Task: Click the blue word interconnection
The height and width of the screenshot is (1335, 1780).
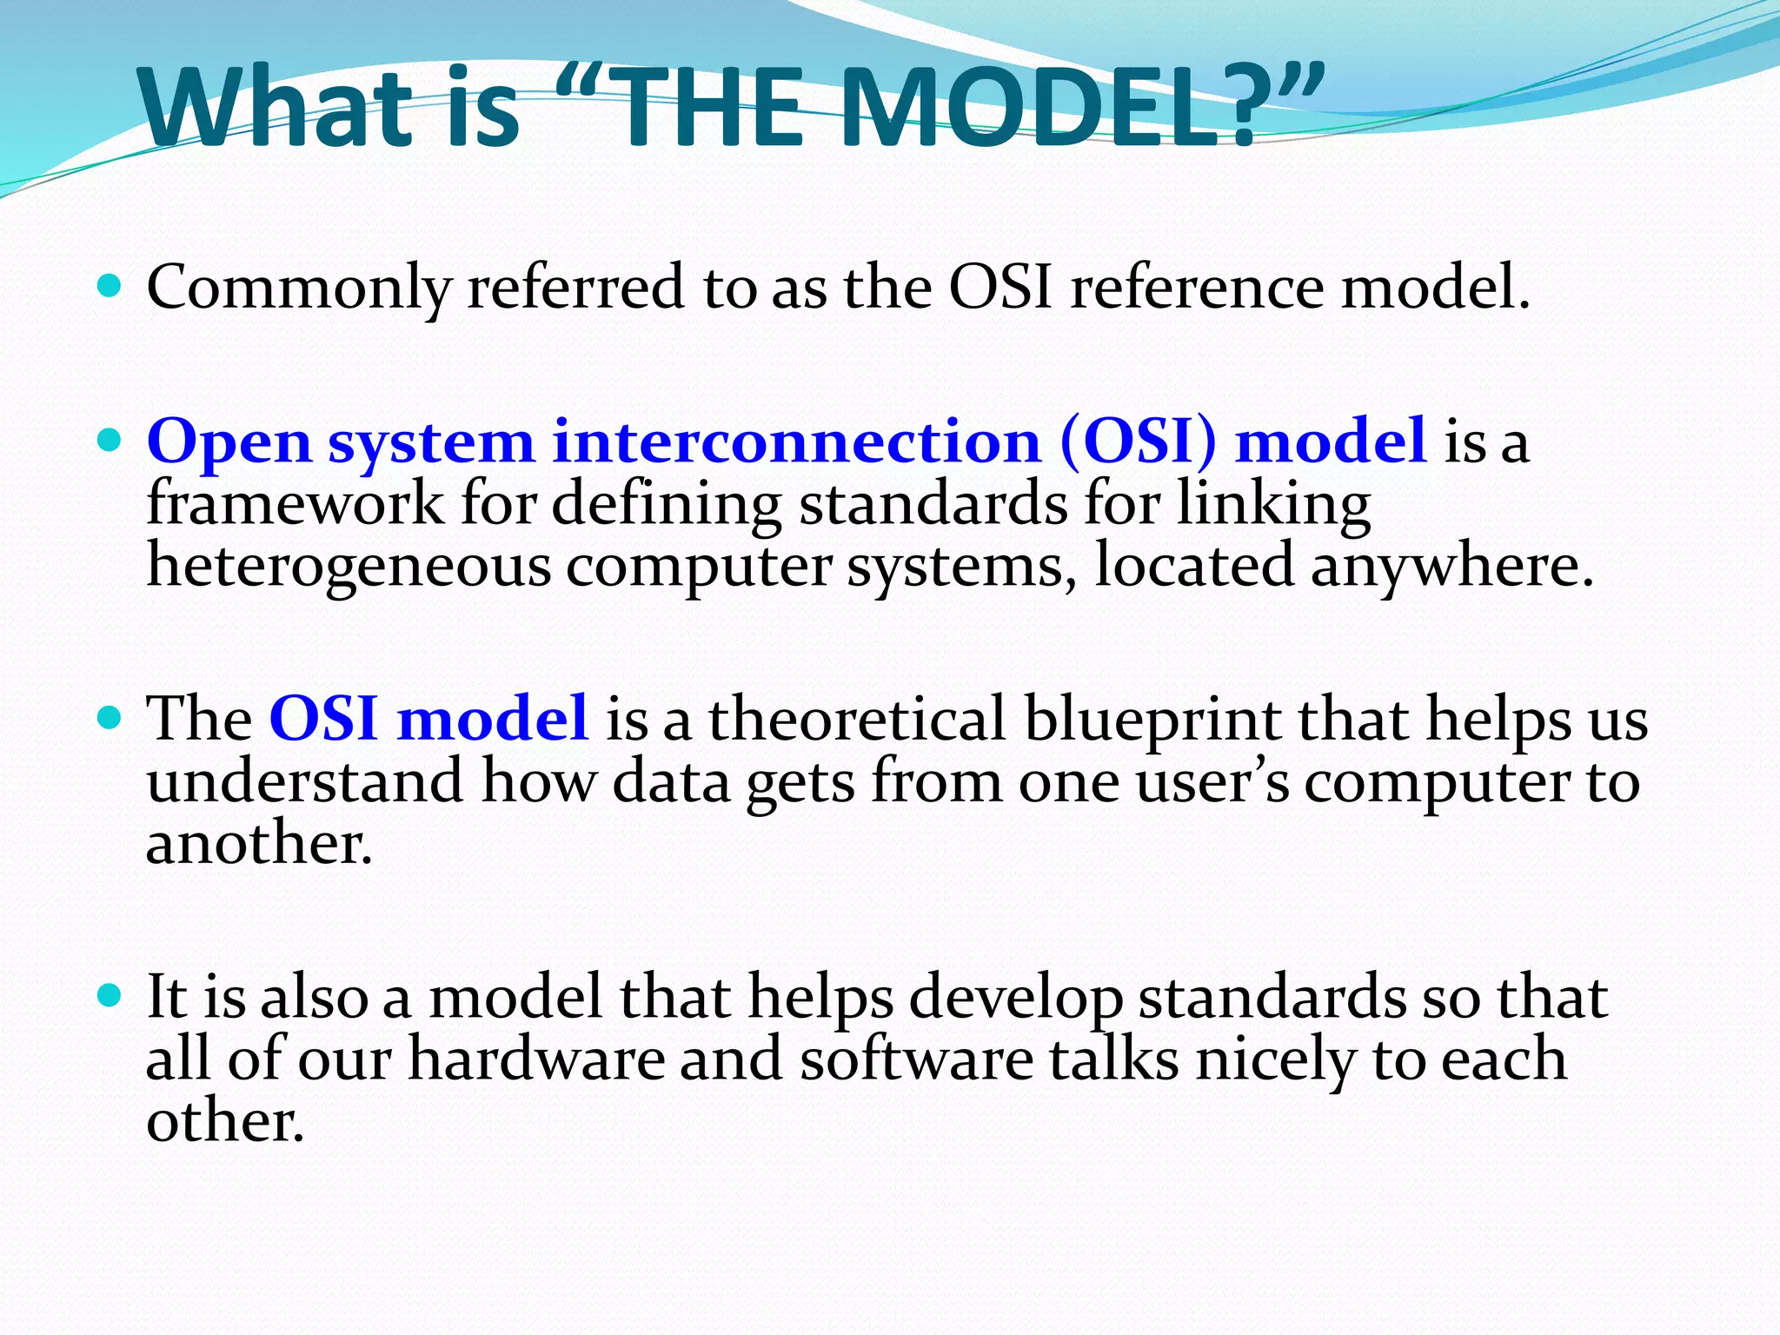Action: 796,442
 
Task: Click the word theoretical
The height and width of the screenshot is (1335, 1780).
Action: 857,720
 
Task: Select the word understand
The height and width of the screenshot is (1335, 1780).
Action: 304,780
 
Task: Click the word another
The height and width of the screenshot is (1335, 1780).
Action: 259,843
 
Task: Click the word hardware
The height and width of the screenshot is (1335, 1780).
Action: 536,1059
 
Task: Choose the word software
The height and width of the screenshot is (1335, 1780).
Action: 916,1059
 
